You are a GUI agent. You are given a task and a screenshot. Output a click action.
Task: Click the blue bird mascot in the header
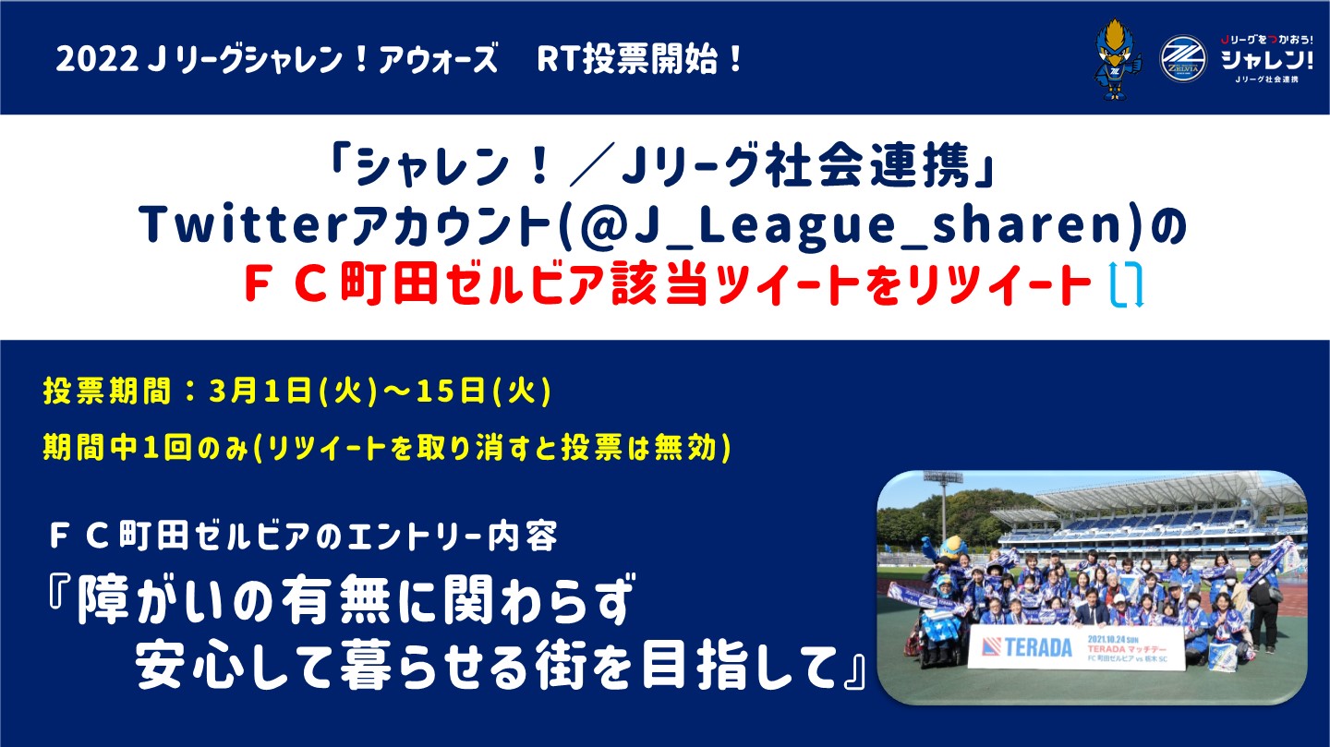[1117, 59]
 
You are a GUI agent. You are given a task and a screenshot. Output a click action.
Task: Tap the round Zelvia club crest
[1183, 58]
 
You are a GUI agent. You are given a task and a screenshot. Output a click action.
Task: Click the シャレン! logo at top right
[1266, 58]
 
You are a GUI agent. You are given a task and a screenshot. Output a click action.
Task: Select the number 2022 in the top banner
[97, 60]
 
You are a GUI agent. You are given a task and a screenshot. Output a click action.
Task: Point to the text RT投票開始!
[639, 59]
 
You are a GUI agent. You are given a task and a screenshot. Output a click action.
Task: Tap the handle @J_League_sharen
[852, 225]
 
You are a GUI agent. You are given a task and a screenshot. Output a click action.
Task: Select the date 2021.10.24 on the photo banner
[1106, 639]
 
